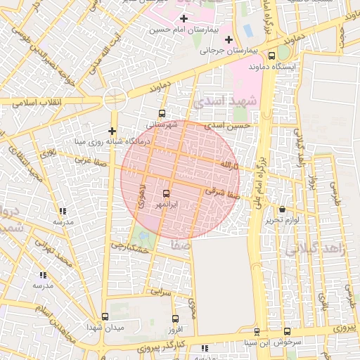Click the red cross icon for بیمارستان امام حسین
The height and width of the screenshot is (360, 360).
point(184,18)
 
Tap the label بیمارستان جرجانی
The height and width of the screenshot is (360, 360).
point(224,51)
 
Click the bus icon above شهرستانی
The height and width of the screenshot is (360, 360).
point(162,112)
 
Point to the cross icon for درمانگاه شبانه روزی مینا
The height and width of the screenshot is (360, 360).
point(112,130)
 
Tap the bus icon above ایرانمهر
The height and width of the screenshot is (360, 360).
point(167,193)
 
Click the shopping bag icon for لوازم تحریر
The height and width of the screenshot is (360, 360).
point(282,209)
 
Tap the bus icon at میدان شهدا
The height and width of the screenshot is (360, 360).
point(105,317)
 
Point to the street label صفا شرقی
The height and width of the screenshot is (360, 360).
point(224,192)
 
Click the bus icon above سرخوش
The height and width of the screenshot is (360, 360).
point(287,331)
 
